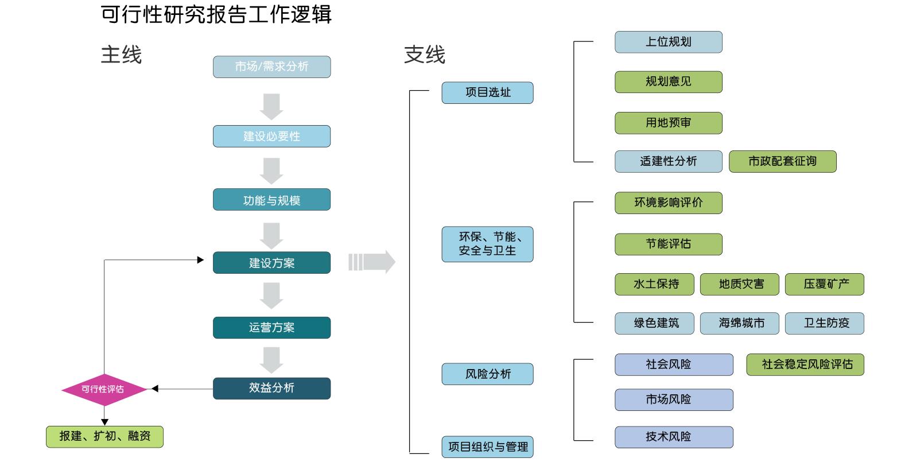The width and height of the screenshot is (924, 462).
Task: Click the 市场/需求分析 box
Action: [x=271, y=67]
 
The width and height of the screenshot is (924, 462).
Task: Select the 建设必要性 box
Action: [x=271, y=137]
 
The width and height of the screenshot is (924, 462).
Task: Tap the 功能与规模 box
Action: [x=271, y=200]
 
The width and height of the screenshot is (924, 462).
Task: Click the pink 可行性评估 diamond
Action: [x=104, y=389]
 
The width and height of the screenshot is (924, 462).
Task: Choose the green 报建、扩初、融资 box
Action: [x=104, y=437]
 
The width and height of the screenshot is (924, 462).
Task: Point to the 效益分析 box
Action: [x=271, y=388]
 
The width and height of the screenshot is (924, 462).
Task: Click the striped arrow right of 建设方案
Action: [x=372, y=262]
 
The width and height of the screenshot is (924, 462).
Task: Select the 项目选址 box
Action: [x=487, y=92]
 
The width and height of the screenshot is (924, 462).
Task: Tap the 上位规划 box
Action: [x=668, y=42]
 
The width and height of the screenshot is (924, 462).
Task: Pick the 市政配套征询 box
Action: [x=782, y=161]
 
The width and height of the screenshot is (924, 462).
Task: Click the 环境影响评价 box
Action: [x=668, y=203]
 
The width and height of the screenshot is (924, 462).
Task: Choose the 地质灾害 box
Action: [x=741, y=284]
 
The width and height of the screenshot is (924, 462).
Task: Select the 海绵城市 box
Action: [x=741, y=323]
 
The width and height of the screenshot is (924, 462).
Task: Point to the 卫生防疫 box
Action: [x=826, y=323]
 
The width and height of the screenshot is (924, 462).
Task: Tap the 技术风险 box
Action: [x=674, y=437]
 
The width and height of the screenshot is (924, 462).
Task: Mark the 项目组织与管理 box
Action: [x=487, y=447]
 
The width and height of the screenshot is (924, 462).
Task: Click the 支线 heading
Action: [x=425, y=55]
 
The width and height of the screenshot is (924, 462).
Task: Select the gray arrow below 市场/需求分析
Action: [x=271, y=106]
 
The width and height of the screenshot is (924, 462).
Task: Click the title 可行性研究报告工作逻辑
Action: [x=216, y=14]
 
